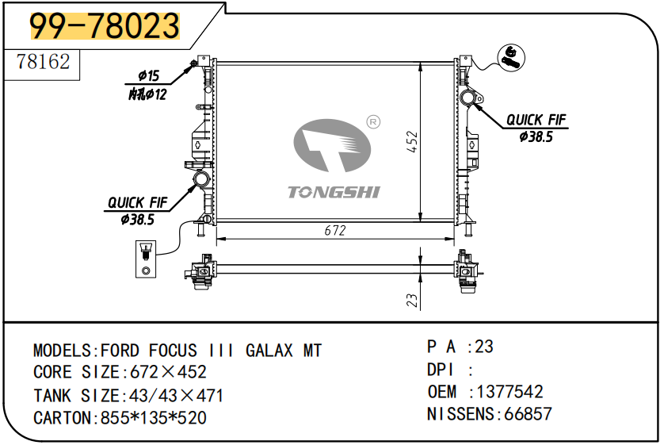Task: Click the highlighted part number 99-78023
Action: (x=105, y=26)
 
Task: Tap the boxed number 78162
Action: (x=43, y=62)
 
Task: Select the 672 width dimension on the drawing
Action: (x=335, y=230)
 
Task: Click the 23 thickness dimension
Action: (x=411, y=300)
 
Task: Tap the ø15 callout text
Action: (x=149, y=75)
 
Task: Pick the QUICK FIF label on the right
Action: (x=536, y=120)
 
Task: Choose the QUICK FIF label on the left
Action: (x=138, y=202)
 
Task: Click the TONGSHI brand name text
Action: (x=334, y=193)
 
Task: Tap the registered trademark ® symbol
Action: (x=373, y=122)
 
